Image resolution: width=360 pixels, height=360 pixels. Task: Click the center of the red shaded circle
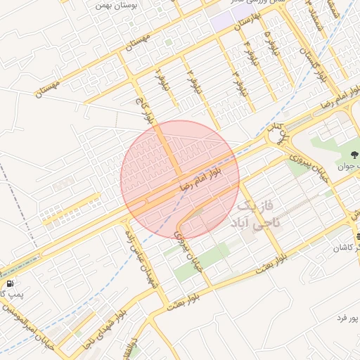click(x=180, y=179)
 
